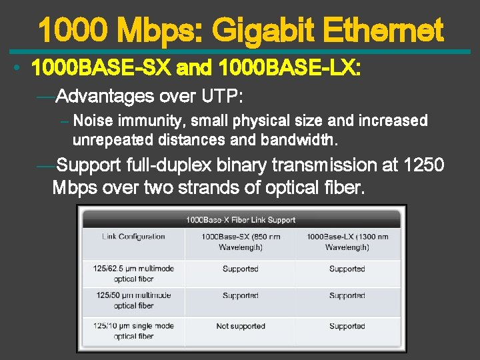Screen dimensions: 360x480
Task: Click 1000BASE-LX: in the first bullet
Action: [289, 68]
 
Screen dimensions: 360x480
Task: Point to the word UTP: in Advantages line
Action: [221, 97]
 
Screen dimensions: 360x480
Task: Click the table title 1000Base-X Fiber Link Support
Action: [240, 219]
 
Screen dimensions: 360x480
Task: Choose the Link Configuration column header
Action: [133, 237]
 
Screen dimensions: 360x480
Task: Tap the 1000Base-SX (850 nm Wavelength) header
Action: [240, 242]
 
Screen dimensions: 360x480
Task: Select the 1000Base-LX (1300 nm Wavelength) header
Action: [347, 242]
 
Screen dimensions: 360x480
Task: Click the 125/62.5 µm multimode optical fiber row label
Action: [133, 274]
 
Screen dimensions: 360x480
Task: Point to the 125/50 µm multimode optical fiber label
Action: [133, 301]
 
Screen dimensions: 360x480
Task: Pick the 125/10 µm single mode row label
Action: [133, 331]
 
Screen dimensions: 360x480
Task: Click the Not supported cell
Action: [240, 327]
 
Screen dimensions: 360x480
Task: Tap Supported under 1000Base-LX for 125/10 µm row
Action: [347, 327]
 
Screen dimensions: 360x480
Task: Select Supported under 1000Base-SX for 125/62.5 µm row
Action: [240, 269]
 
